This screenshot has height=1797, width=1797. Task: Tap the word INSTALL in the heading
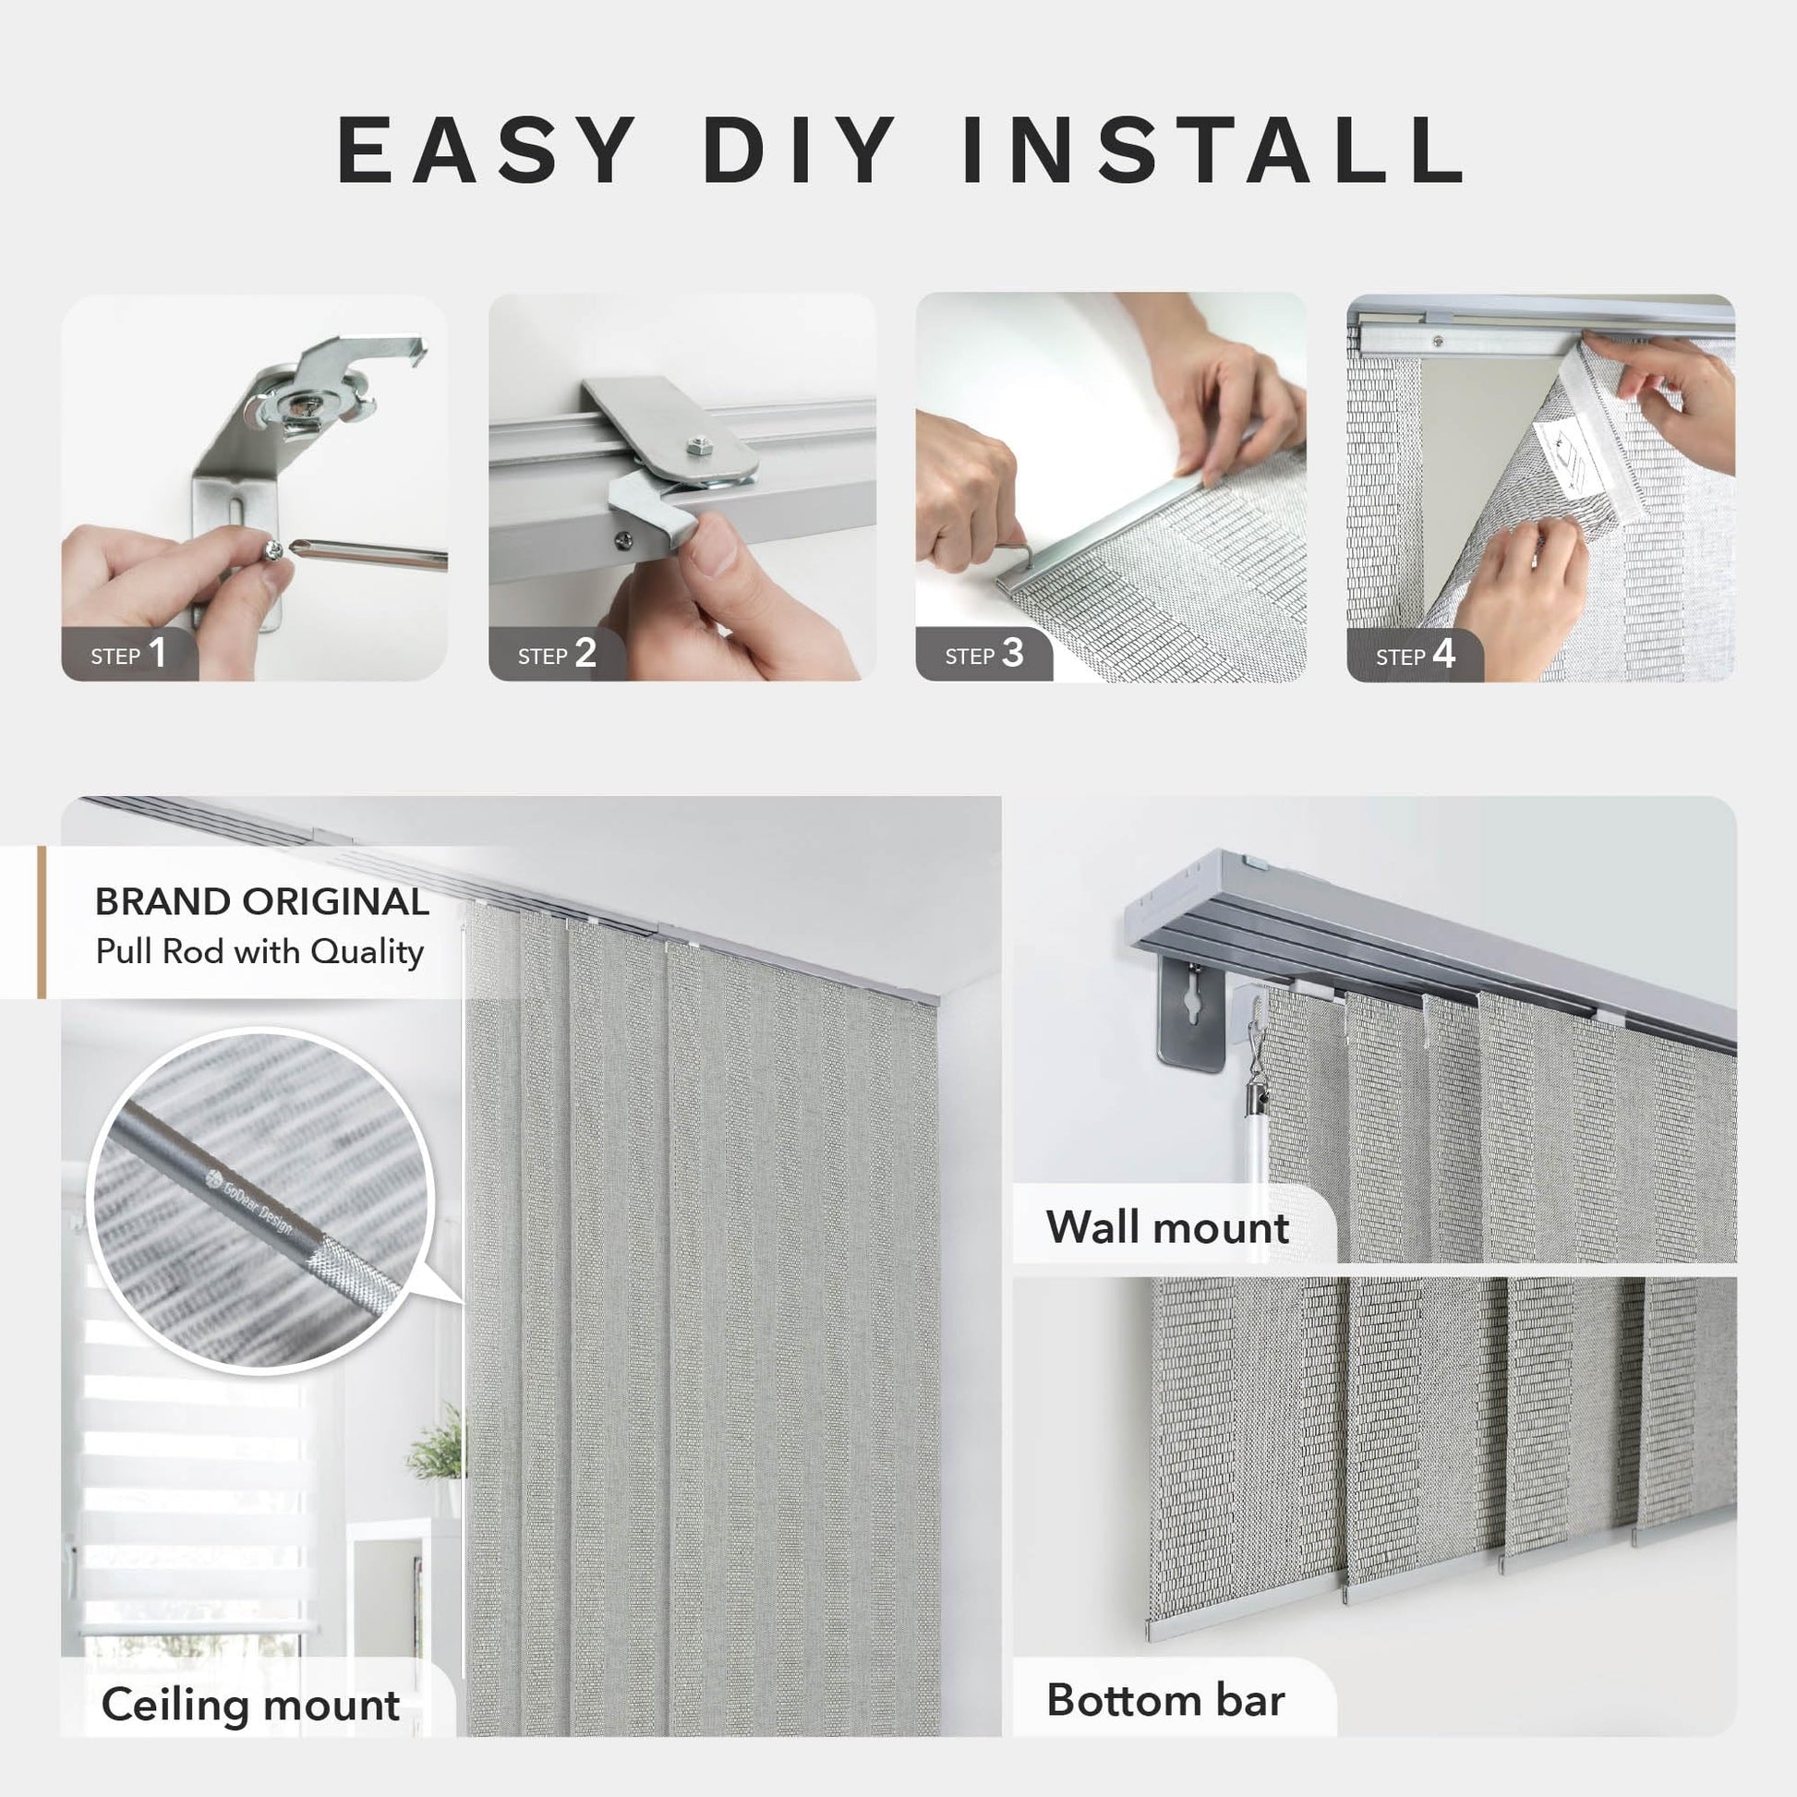click(x=1213, y=150)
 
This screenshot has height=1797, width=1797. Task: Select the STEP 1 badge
click(x=129, y=654)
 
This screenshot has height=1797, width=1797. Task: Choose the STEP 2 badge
click(x=557, y=654)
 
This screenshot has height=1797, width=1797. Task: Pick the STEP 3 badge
click(x=984, y=654)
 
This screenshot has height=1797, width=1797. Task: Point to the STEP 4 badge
click(x=1415, y=655)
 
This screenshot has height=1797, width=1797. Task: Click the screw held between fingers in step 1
click(x=273, y=552)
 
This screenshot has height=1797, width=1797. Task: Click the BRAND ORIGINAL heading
click(x=262, y=901)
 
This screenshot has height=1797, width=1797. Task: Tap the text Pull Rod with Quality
click(x=259, y=951)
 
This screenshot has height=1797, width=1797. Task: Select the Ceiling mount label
click(x=250, y=1706)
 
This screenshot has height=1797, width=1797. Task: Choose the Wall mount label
click(x=1167, y=1227)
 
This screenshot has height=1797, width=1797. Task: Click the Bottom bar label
click(x=1165, y=1699)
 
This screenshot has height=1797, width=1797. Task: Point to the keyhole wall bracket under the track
click(x=1192, y=1015)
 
